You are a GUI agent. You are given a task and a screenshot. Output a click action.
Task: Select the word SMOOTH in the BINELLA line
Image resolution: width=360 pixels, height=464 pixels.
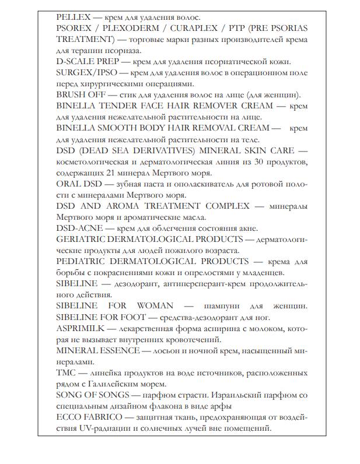(x=118, y=128)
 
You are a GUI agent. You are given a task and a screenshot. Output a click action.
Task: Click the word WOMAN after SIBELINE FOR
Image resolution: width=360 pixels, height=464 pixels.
(x=155, y=305)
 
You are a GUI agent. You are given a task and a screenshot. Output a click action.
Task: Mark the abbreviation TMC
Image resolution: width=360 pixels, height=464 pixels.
(x=66, y=372)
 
